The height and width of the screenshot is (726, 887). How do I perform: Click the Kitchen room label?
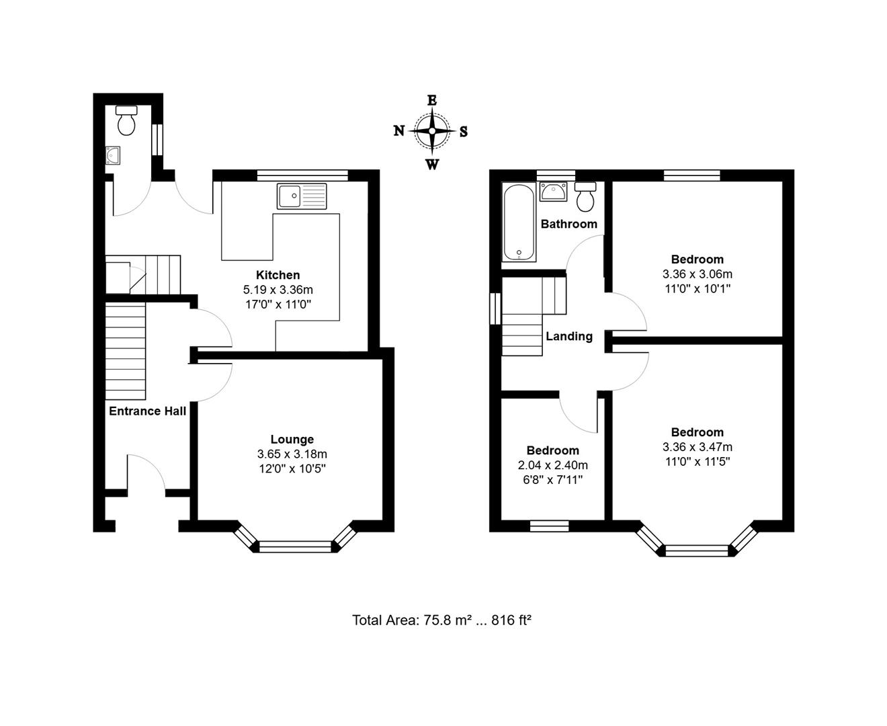[278, 275]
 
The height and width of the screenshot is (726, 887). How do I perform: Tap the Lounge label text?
[292, 440]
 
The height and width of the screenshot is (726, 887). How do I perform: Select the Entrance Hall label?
[147, 411]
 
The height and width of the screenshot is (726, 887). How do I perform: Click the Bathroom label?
[568, 224]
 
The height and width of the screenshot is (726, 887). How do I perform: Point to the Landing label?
[568, 336]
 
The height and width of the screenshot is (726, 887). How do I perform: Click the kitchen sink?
[301, 196]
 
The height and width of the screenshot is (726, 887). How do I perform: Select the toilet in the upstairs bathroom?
[585, 196]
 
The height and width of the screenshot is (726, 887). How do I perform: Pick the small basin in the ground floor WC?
[112, 156]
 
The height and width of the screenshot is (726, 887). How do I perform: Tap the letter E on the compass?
[432, 101]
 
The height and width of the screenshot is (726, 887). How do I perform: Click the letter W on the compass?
[432, 165]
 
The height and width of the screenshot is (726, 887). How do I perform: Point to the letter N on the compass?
[398, 131]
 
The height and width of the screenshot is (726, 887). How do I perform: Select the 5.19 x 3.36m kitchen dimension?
[278, 290]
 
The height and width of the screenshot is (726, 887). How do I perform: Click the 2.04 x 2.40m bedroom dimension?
[552, 465]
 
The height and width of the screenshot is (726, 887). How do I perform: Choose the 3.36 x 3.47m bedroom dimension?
[697, 447]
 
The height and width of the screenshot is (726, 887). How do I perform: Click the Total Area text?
[441, 620]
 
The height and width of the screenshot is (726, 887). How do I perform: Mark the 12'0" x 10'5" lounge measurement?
[292, 469]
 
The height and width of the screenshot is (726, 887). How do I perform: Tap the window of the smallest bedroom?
[549, 526]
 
